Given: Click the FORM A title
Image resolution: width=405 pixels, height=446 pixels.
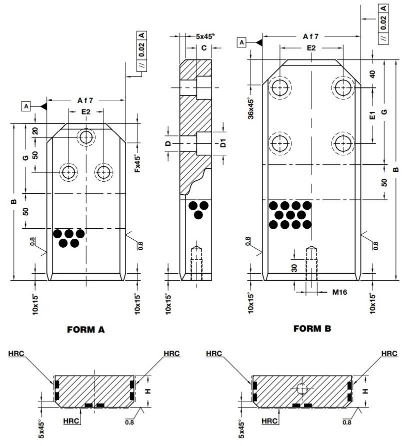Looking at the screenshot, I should (85, 330).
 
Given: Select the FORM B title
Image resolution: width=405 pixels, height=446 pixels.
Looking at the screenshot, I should (312, 328).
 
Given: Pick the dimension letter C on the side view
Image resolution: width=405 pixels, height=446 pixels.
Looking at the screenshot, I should (203, 48).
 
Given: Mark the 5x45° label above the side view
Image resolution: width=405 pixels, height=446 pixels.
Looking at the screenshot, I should (205, 36).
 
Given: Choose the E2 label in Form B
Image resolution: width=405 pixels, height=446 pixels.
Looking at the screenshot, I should (311, 48).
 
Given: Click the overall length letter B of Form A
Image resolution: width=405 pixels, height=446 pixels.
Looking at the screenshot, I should (14, 202).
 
